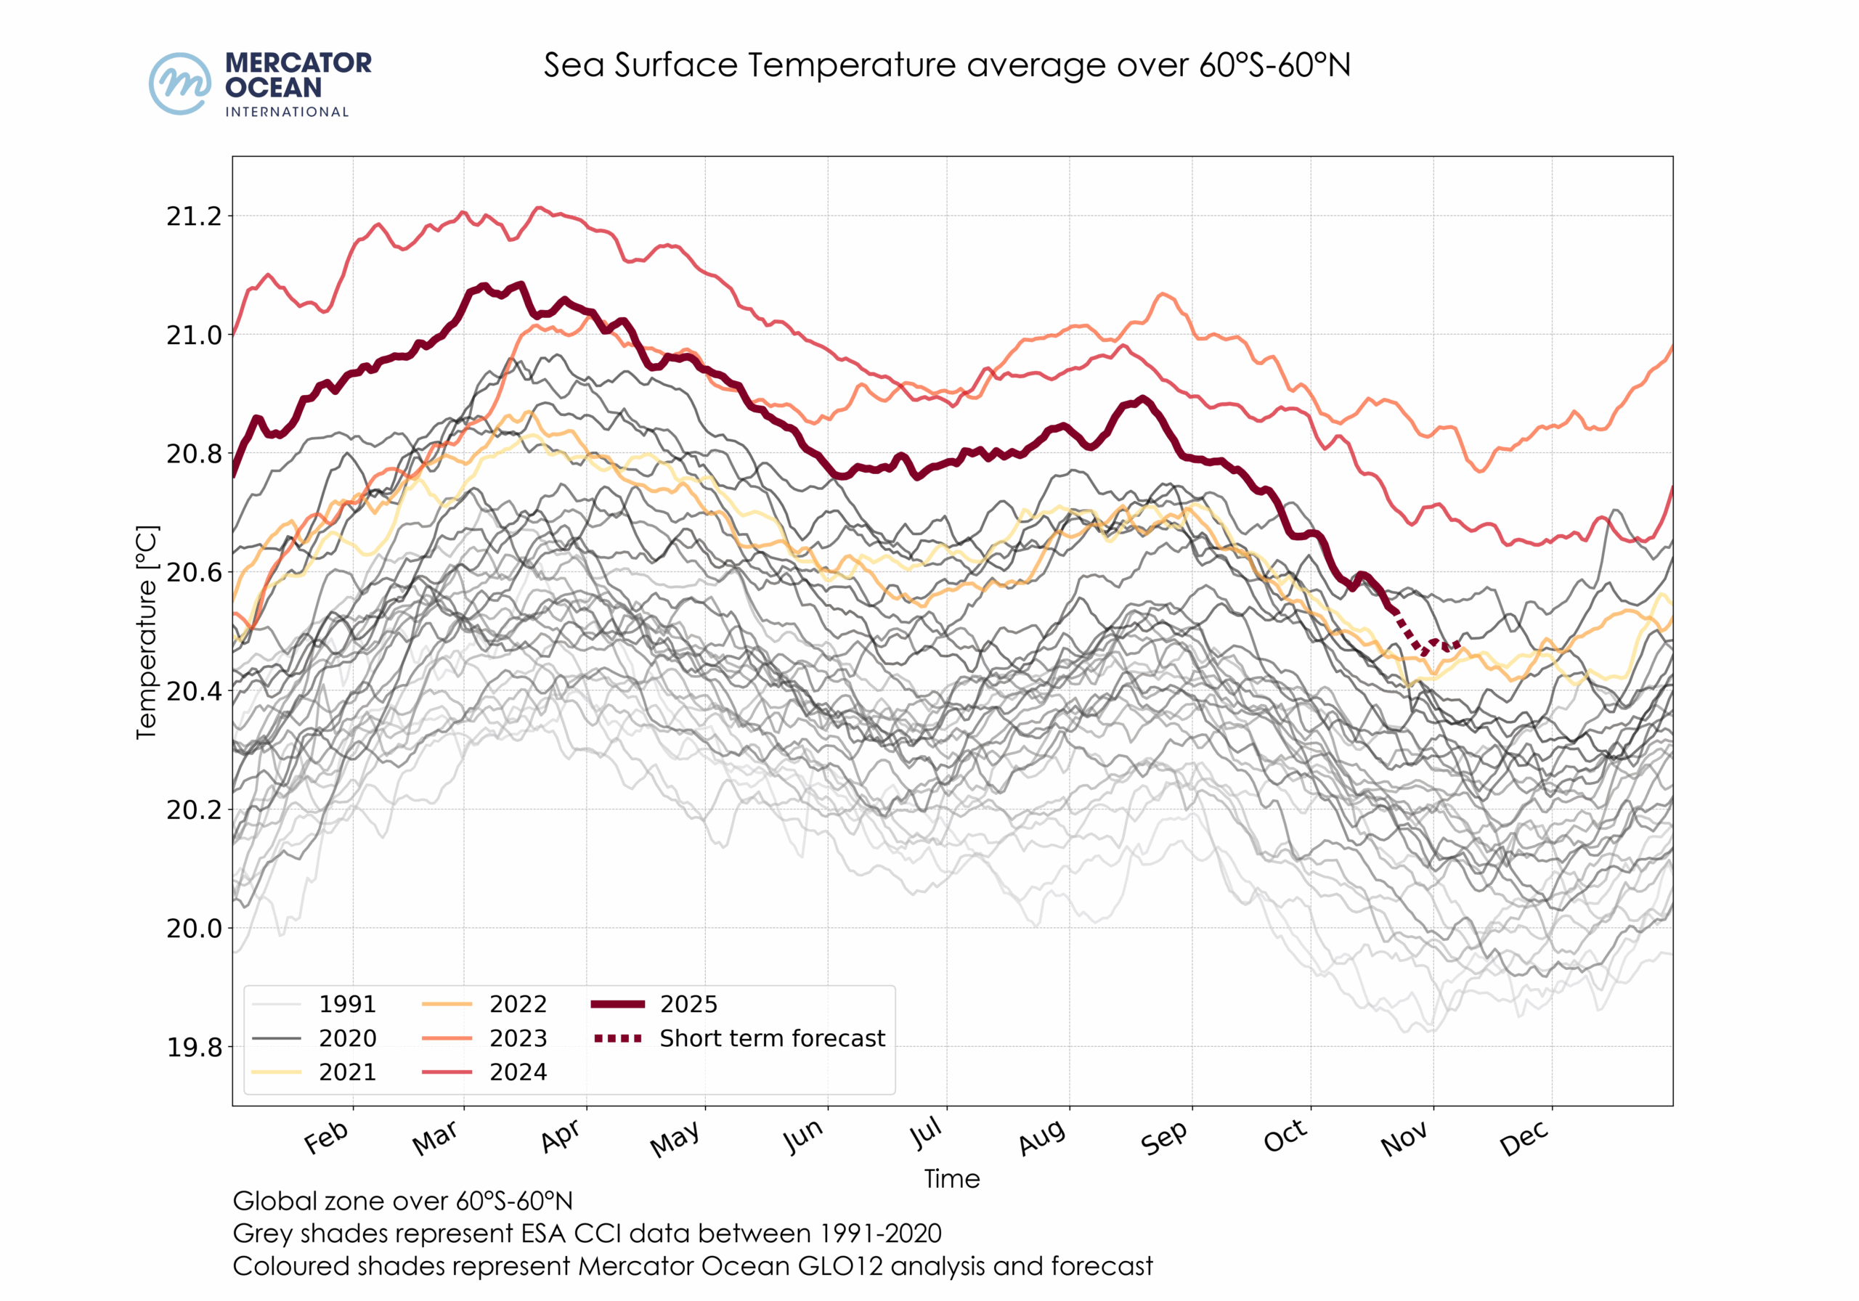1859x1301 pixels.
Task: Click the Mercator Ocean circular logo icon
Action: tap(180, 83)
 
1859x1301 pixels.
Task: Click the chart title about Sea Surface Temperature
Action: tap(946, 65)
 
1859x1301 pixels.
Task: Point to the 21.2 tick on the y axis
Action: tap(193, 216)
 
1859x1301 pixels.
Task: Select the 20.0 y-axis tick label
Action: tap(193, 928)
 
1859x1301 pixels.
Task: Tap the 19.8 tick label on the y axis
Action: tap(193, 1047)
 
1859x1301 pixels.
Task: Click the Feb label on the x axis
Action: tap(326, 1138)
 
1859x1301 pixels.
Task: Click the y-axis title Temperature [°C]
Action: tap(147, 632)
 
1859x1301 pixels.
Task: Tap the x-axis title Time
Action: tap(952, 1179)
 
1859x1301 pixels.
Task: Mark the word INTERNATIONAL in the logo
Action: tap(287, 113)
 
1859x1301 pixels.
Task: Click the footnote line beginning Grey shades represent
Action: tap(587, 1233)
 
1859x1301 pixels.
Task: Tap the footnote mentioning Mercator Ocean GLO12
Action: tap(692, 1266)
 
